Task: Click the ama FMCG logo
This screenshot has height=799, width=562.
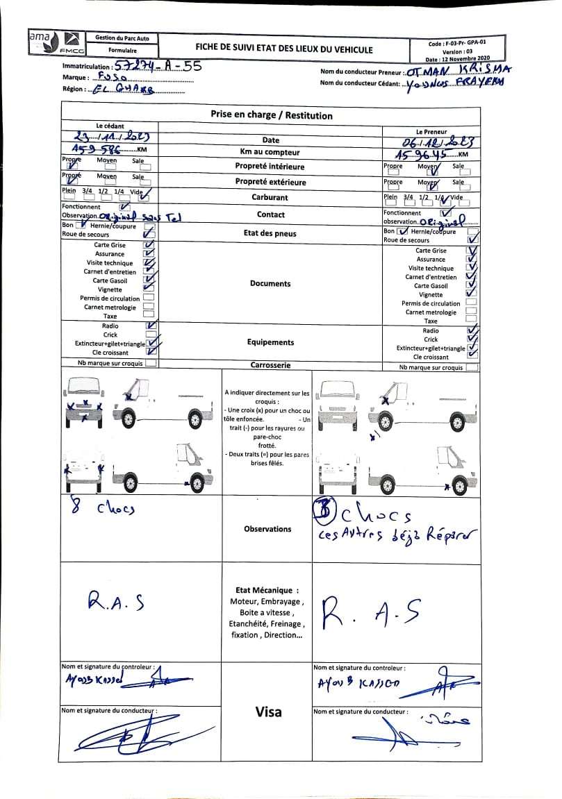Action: [x=52, y=42]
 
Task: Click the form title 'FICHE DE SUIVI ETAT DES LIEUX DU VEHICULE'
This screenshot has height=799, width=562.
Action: [x=283, y=49]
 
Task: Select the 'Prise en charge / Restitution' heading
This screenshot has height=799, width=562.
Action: [x=272, y=115]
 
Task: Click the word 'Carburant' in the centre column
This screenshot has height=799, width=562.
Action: [x=270, y=198]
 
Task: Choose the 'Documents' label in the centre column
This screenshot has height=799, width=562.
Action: [x=270, y=283]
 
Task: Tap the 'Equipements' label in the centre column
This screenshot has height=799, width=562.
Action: [x=270, y=342]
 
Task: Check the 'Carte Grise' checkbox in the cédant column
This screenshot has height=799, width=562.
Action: [x=149, y=245]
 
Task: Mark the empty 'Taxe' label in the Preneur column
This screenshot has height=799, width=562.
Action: [x=431, y=321]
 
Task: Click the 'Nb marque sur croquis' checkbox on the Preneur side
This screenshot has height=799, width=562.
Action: [x=472, y=368]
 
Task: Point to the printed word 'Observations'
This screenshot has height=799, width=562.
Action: [x=267, y=529]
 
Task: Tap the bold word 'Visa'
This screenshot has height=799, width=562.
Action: [x=268, y=712]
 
